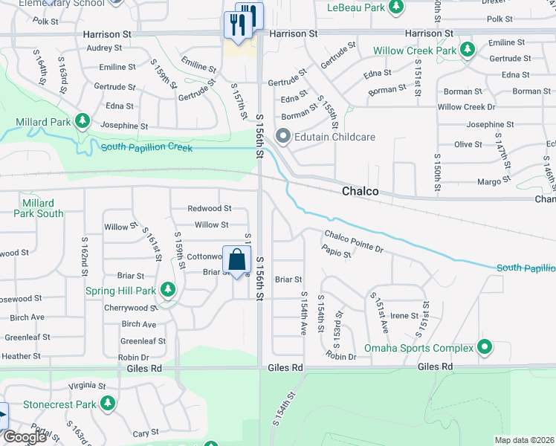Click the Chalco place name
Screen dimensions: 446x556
(x=360, y=191)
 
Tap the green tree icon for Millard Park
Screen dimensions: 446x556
(x=82, y=121)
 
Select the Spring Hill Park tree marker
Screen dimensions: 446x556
(x=168, y=290)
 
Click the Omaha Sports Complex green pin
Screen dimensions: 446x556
(x=485, y=347)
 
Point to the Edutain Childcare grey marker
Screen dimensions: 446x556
(x=283, y=137)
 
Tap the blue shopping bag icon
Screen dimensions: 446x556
(x=236, y=260)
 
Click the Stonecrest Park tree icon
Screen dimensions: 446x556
(x=109, y=404)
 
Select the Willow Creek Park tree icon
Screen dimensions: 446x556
(x=467, y=51)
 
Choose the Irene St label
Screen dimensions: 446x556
(x=404, y=316)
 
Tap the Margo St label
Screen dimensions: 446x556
(x=494, y=180)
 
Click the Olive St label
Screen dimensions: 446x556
(x=468, y=143)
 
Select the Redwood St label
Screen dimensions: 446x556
(x=209, y=209)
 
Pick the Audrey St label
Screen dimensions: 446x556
(x=104, y=48)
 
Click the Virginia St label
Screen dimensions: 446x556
(x=87, y=387)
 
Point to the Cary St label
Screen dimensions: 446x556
(x=140, y=433)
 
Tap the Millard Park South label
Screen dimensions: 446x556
(x=38, y=208)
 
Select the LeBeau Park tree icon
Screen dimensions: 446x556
(x=397, y=7)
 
